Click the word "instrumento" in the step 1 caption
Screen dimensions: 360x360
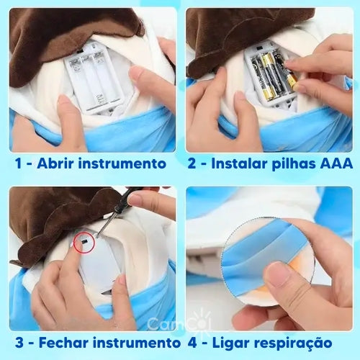coord(122,163)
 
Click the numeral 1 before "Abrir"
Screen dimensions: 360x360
coord(18,163)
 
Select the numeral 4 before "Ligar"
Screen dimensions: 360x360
coord(192,343)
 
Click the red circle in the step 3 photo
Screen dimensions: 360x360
coord(84,243)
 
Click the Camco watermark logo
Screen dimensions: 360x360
coord(179,323)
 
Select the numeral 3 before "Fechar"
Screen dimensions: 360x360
coord(19,342)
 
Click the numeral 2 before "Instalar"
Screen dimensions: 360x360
coord(192,163)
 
